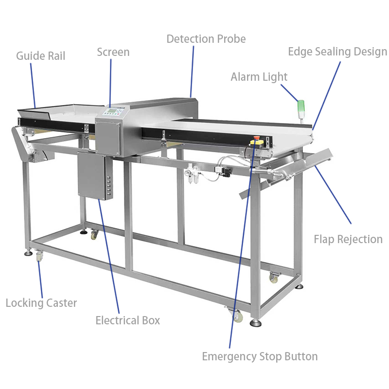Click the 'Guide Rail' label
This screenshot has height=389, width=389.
(41, 56)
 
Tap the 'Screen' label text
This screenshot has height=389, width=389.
(113, 52)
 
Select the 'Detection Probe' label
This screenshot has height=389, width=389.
(206, 39)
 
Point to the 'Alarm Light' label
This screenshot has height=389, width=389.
(259, 77)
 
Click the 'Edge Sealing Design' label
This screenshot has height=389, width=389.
(337, 52)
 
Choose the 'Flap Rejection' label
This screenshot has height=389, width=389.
(348, 239)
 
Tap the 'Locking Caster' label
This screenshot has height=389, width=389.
(41, 303)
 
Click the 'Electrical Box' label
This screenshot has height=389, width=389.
(128, 320)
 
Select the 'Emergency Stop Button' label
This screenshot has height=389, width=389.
(260, 357)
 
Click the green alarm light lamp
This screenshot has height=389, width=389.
(301, 106)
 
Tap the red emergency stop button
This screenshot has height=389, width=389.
(256, 138)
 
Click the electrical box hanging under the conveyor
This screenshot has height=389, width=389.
(95, 176)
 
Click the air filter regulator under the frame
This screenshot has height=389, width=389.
(193, 174)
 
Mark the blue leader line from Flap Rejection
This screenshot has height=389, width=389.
(333, 194)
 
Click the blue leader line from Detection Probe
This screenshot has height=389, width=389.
(192, 71)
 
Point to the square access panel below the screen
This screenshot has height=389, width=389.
(108, 137)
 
